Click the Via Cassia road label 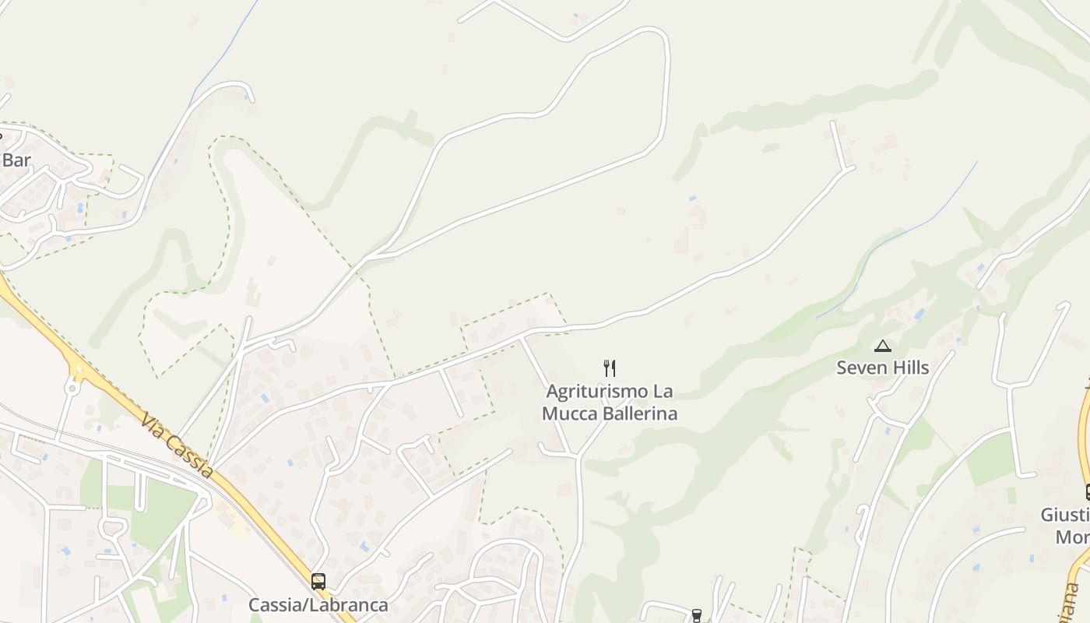(177, 445)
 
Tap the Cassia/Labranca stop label (318, 604)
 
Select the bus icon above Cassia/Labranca (318, 581)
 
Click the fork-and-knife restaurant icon (610, 368)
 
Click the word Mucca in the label (568, 414)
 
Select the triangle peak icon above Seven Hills (882, 346)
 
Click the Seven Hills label (882, 368)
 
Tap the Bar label (16, 160)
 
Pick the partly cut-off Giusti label (1065, 515)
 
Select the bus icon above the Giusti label (1087, 492)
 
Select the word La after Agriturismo (663, 391)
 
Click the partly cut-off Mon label (1072, 537)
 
